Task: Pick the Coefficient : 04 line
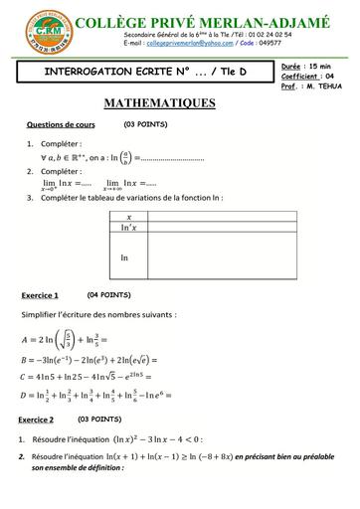click(305, 75)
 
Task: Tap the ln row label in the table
click(124, 256)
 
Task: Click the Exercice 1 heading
click(40, 295)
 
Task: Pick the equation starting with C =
click(94, 375)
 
